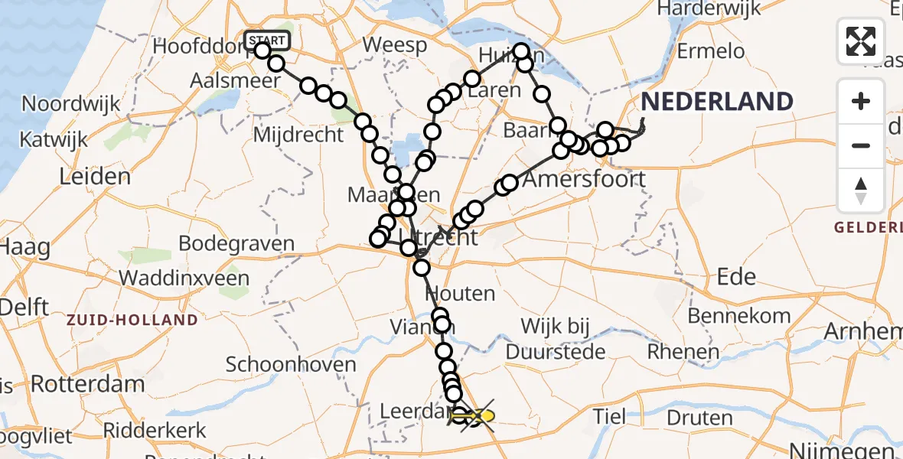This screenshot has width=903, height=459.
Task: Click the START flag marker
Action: pos(267,41)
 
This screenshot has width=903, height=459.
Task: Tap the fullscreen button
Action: pos(861,41)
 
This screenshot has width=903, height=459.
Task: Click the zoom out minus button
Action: pos(861,145)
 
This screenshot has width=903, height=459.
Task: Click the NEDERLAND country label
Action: pos(717,102)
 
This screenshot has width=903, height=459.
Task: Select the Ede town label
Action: pos(737,276)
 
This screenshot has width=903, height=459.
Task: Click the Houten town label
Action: pos(460,293)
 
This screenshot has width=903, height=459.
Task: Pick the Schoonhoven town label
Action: pos(292,364)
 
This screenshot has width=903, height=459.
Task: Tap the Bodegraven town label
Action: pos(236,243)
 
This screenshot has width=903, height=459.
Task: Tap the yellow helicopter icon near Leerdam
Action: pos(478,416)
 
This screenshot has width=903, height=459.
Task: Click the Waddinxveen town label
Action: pos(184,277)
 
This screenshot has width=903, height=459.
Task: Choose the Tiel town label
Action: pos(611,416)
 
